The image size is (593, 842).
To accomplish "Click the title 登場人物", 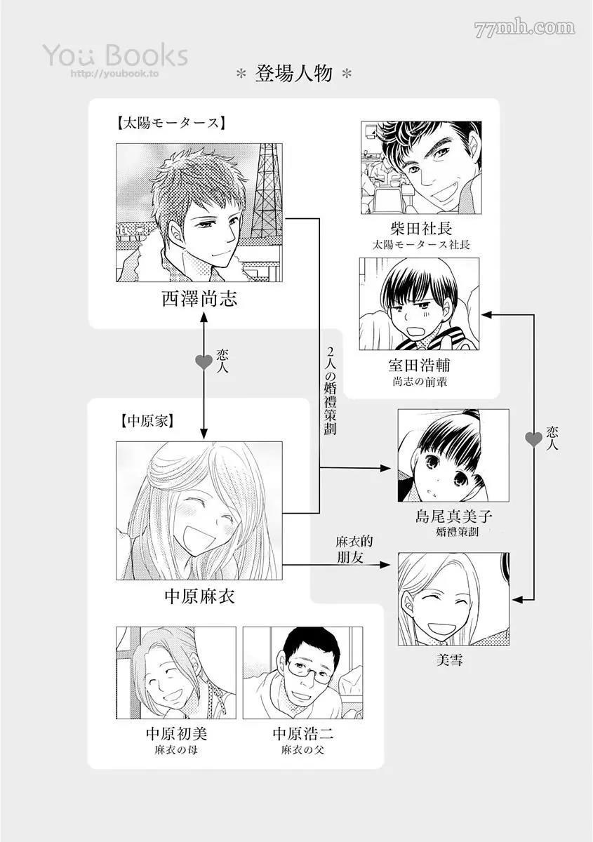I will coord(295,74).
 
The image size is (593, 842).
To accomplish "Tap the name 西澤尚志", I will coord(199,300).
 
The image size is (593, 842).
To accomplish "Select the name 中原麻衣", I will coord(199,597).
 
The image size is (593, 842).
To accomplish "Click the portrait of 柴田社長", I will coord(421,168).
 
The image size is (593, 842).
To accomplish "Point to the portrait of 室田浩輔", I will coord(419,304).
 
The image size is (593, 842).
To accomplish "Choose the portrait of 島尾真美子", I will coord(453,455).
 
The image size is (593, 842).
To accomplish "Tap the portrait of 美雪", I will coord(453,599).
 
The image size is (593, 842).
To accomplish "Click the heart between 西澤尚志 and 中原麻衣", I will coord(204,362).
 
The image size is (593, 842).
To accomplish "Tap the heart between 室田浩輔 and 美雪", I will coord(534,440).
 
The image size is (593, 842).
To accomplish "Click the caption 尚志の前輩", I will coord(419,382).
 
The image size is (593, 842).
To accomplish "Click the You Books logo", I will coord(115,55).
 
